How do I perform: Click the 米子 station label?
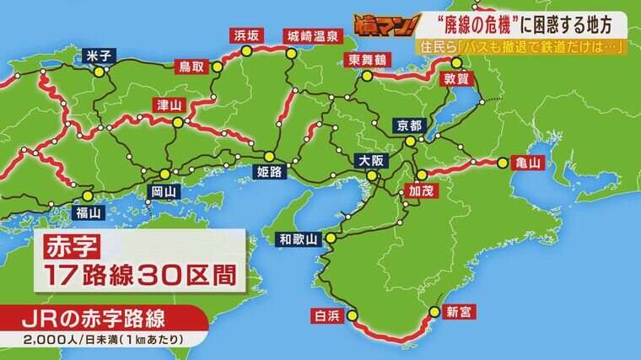coord(100,56)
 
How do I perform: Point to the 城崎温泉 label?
coord(311,35)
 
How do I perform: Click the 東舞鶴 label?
coord(364,59)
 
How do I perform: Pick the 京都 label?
coord(408,126)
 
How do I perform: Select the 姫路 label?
coord(268,172)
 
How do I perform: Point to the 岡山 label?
coord(164,191)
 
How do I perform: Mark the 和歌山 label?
coord(299,239)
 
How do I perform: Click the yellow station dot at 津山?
coord(178,122)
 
